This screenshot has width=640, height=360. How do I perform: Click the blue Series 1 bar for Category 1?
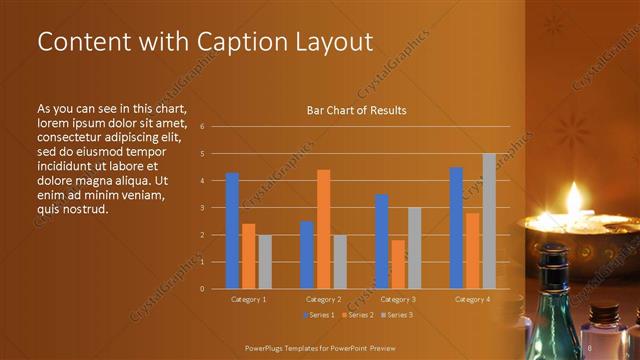click(232, 230)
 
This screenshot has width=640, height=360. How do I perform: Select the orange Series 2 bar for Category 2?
click(323, 229)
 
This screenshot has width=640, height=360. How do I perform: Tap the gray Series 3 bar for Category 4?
click(489, 221)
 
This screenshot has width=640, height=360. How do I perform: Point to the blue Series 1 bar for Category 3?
click(382, 241)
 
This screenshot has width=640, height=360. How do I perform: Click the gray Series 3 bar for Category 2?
click(340, 261)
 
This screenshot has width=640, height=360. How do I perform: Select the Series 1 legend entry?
click(320, 316)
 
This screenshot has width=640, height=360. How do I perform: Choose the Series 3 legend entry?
click(396, 316)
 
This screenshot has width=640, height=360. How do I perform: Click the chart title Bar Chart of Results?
click(356, 111)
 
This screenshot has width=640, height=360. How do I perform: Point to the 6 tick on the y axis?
click(202, 127)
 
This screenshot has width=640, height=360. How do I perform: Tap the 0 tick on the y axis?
click(202, 289)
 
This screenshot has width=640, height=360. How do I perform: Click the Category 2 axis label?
click(323, 299)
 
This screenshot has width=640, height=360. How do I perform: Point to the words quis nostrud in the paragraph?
click(72, 209)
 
